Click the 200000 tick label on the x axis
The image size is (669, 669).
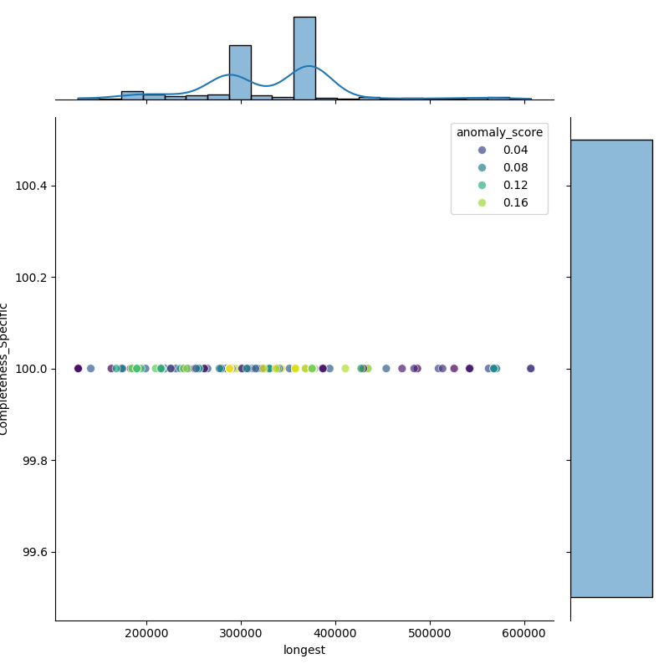point(147,633)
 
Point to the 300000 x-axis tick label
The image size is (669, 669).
point(242,633)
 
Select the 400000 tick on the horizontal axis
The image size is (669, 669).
point(336,633)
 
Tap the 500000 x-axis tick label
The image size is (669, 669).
point(430,633)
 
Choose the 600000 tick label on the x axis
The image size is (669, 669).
point(524,633)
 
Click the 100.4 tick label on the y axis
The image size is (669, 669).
point(32,186)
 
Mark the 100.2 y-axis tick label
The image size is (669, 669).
point(32,278)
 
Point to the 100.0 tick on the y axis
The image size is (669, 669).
point(32,369)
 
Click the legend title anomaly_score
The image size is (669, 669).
point(499,132)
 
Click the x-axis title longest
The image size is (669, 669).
point(304,650)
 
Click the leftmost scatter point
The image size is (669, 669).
point(79,369)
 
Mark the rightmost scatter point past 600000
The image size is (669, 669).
point(530,369)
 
